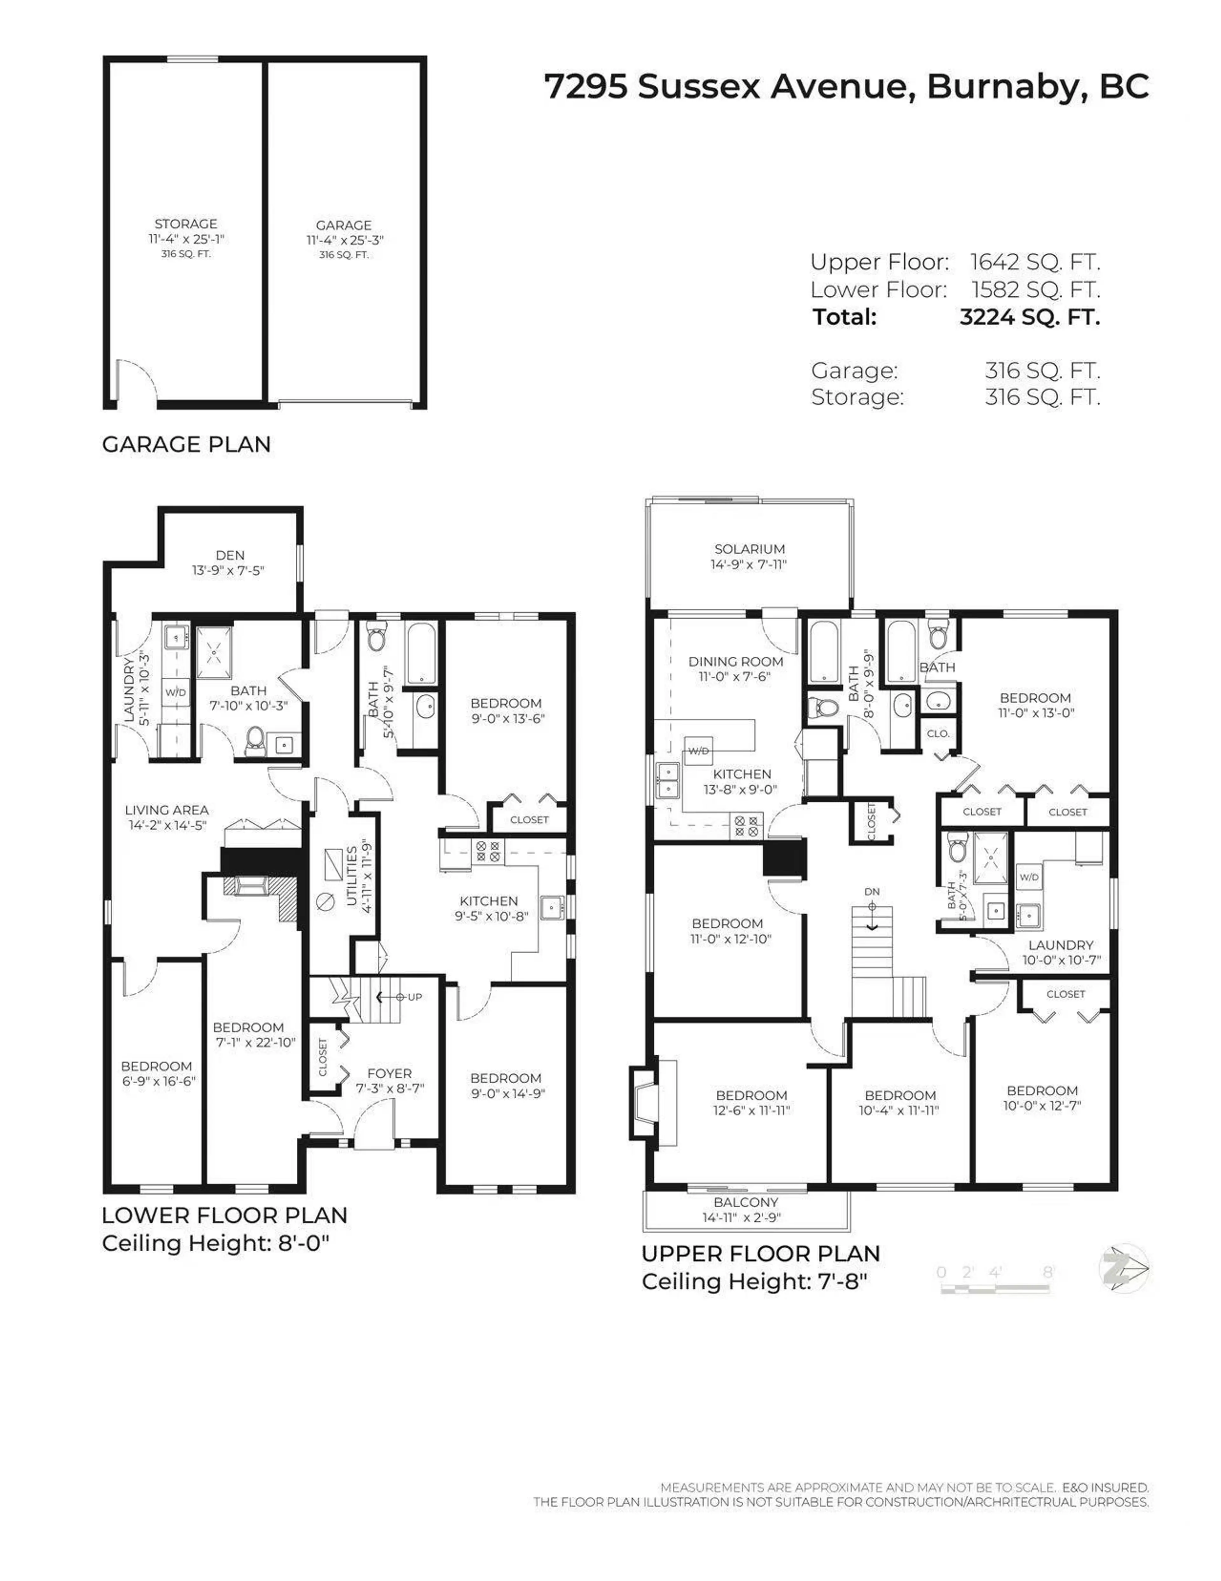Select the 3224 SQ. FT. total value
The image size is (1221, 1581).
coord(1029,317)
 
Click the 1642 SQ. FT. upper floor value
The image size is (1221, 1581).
coord(1034,262)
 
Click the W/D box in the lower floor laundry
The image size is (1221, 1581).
coord(175,692)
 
